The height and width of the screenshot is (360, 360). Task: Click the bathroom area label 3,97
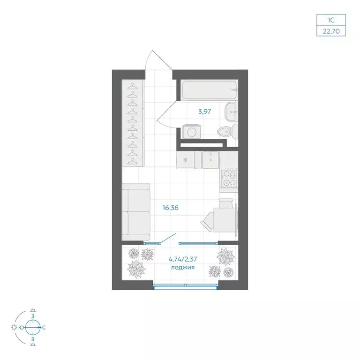(x=204, y=112)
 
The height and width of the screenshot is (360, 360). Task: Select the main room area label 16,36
(x=170, y=208)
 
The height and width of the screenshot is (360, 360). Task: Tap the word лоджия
(x=183, y=268)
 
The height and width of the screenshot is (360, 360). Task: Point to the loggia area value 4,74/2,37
(x=183, y=259)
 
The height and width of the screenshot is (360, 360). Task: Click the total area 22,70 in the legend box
(x=331, y=31)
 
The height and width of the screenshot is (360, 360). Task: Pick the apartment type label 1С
(x=331, y=20)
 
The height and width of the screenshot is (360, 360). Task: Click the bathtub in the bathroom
(x=209, y=90)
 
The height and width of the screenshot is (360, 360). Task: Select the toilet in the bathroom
(x=228, y=132)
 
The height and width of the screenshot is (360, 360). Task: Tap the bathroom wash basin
(x=231, y=112)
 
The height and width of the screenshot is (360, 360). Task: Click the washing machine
(x=191, y=132)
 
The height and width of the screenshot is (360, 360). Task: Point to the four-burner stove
(x=229, y=179)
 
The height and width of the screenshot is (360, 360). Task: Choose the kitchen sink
(x=210, y=159)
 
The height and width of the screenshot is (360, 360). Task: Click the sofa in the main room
(x=136, y=212)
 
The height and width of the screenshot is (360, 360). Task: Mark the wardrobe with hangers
(x=133, y=123)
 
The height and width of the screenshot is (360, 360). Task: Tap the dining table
(x=225, y=219)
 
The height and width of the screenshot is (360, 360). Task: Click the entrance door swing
(x=158, y=60)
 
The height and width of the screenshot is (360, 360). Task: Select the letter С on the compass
(x=44, y=328)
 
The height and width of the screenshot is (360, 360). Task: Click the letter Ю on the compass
(x=22, y=328)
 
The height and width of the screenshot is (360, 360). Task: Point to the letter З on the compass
(x=33, y=316)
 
